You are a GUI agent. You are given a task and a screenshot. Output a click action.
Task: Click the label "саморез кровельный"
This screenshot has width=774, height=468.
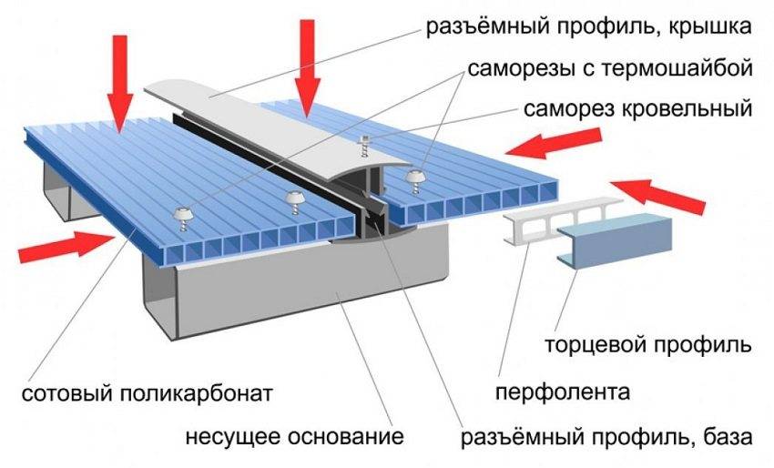tap(637, 110)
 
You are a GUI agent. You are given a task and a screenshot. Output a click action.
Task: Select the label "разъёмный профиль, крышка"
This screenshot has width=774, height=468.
tap(590, 26)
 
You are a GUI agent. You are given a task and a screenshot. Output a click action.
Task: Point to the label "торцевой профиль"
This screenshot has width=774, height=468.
tap(647, 347)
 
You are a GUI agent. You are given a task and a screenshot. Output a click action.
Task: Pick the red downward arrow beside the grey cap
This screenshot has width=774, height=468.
tap(307, 77)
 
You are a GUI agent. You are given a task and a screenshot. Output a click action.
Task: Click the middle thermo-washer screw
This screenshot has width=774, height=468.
tap(292, 198)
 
